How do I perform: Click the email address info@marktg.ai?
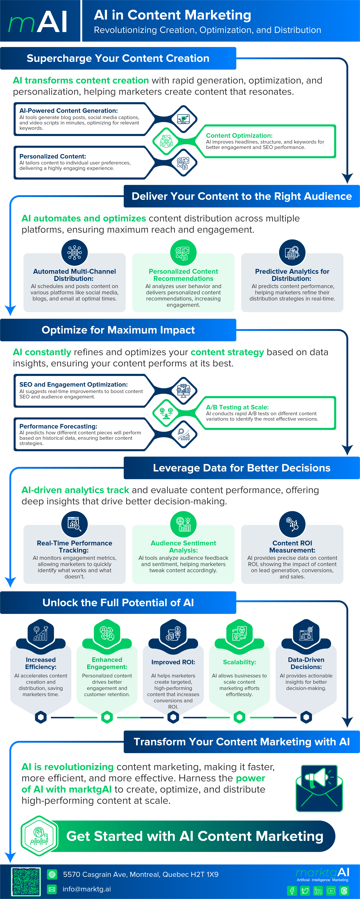[87, 889]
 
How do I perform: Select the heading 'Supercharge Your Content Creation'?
[118, 58]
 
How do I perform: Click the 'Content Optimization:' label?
[239, 135]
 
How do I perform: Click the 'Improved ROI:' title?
[173, 662]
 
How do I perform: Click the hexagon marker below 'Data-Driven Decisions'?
[306, 717]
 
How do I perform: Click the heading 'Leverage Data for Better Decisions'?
[242, 468]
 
